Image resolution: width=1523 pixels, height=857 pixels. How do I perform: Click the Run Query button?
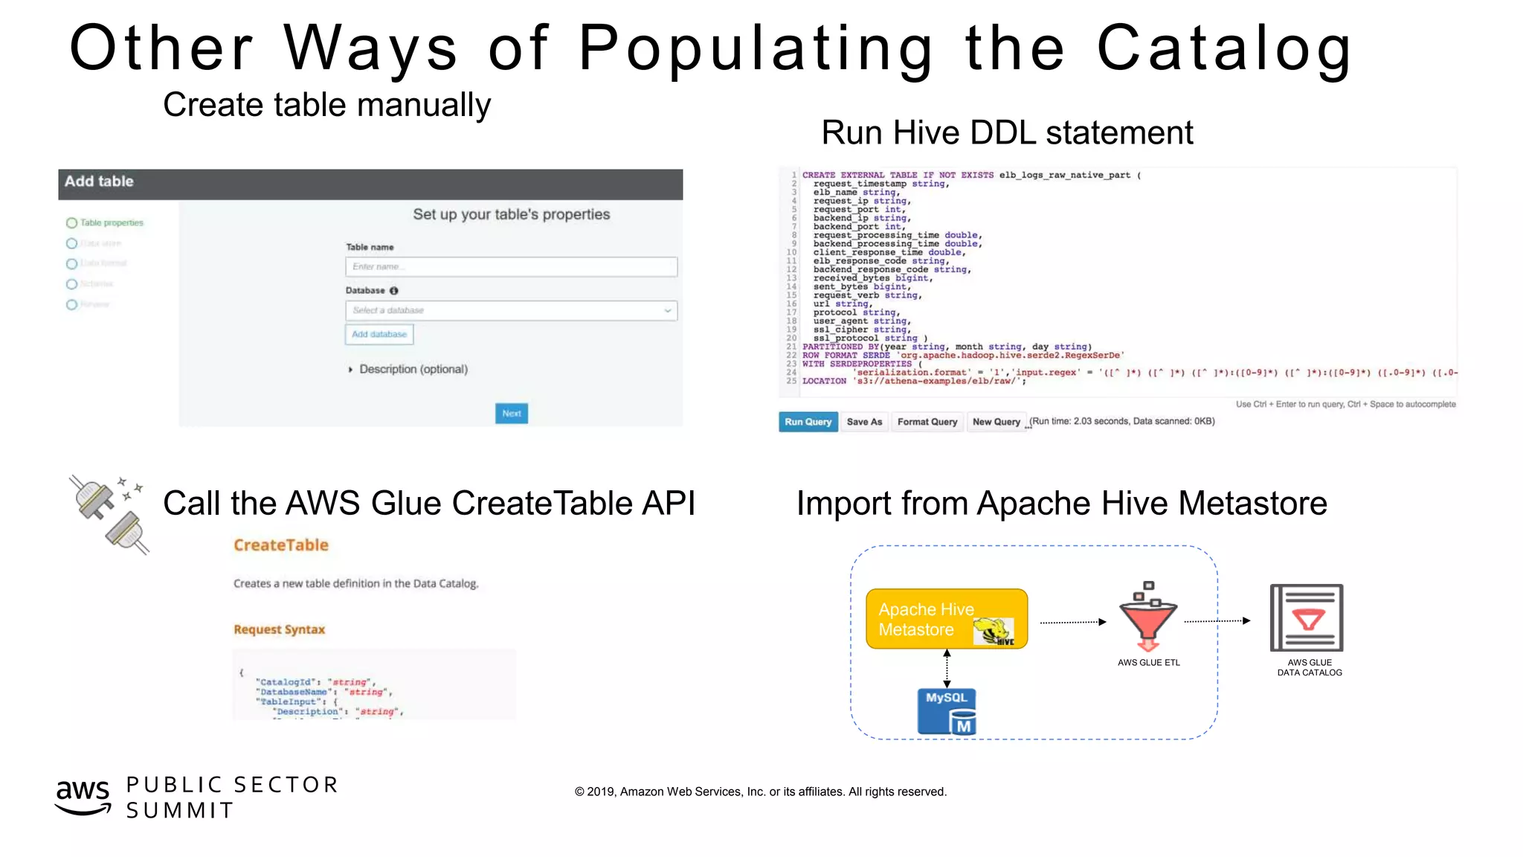[x=808, y=422]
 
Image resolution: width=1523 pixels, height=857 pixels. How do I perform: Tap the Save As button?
[x=864, y=422]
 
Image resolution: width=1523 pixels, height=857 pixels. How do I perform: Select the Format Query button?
[x=927, y=422]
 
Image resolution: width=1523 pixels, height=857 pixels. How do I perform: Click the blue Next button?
[x=512, y=414]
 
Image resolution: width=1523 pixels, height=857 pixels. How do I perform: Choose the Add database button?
[x=379, y=335]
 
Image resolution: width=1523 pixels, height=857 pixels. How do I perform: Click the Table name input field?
[x=511, y=266]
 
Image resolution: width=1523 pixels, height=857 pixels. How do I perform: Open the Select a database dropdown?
[x=511, y=310]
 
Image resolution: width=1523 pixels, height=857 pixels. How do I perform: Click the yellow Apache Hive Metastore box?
[x=946, y=619]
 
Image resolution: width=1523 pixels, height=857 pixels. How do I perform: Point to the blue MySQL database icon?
[x=947, y=711]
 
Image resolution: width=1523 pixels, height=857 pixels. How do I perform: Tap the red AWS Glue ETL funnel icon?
[x=1148, y=617]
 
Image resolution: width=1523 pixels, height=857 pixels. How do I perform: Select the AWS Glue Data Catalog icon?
[x=1307, y=617]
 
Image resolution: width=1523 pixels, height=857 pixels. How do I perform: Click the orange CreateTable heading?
[x=281, y=545]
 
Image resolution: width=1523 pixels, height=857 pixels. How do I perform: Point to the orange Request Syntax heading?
[x=280, y=629]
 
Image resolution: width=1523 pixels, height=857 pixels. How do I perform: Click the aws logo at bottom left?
[x=83, y=796]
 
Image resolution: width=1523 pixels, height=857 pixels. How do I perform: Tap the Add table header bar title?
[x=99, y=182]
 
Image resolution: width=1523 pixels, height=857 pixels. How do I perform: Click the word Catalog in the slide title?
[x=1224, y=49]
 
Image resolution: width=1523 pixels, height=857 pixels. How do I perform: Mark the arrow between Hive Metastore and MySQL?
[x=947, y=668]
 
